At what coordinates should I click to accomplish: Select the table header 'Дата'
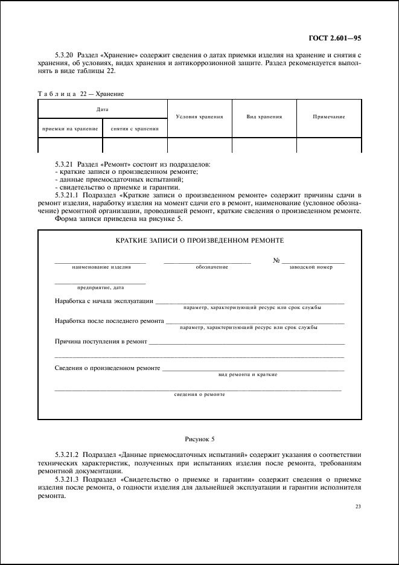[x=102, y=109]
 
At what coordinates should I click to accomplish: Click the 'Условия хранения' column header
[x=199, y=117]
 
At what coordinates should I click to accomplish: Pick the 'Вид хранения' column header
[x=264, y=117]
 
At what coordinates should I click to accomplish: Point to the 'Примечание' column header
[x=329, y=117]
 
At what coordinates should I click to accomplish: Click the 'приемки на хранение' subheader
[x=70, y=129]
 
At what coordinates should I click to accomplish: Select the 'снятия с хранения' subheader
[x=135, y=129]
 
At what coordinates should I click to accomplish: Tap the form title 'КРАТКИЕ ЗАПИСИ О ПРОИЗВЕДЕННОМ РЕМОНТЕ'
[x=199, y=240]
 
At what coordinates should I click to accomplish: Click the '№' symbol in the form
[x=276, y=260]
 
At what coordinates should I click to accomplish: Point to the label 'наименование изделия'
[x=100, y=267]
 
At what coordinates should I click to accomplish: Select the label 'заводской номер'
[x=312, y=267]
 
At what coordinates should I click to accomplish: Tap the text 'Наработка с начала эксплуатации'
[x=104, y=301]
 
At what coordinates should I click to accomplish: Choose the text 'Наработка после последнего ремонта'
[x=109, y=321]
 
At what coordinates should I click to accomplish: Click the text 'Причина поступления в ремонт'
[x=100, y=342]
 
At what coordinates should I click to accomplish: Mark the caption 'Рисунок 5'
[x=199, y=441]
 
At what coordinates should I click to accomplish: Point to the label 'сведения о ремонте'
[x=199, y=394]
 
